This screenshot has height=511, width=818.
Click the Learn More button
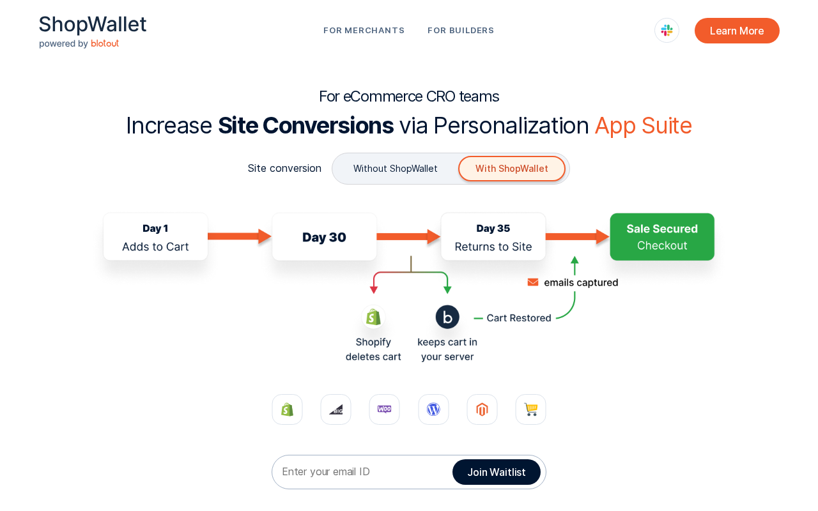(x=737, y=31)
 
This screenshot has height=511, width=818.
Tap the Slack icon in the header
(x=667, y=30)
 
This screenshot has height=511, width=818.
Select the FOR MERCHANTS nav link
(x=364, y=30)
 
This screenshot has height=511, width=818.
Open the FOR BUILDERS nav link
(x=461, y=30)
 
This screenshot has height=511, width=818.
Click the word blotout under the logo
(x=105, y=43)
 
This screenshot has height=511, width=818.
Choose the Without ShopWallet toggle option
(x=395, y=168)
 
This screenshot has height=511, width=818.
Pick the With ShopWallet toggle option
(x=512, y=168)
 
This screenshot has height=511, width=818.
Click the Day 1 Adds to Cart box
(x=155, y=236)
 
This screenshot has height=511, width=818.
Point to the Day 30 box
(x=324, y=236)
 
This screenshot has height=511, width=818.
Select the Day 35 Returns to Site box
(x=493, y=236)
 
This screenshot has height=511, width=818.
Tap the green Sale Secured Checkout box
(x=662, y=236)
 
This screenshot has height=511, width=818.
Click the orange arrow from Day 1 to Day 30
(x=240, y=236)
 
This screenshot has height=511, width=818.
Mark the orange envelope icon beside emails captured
(x=533, y=282)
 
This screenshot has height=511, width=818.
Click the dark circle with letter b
(x=447, y=317)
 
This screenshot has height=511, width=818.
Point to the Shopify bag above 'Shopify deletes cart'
(x=373, y=317)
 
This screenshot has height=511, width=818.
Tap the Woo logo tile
(x=384, y=409)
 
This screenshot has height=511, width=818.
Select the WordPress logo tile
(x=433, y=409)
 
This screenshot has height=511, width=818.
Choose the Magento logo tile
(x=482, y=409)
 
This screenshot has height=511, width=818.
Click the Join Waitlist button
(x=497, y=472)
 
